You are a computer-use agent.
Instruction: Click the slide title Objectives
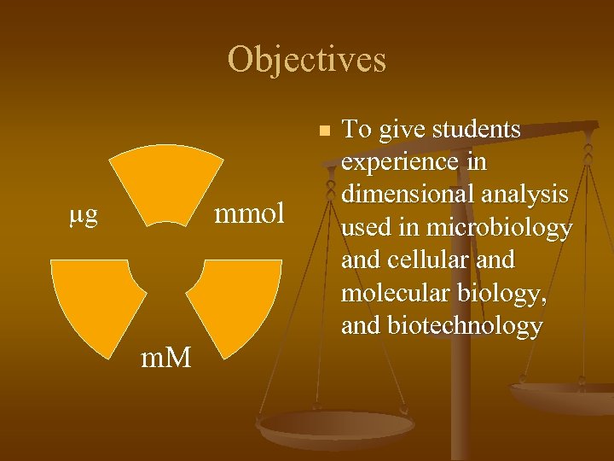pyautogui.click(x=307, y=60)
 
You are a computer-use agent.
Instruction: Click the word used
pyautogui.click(x=367, y=228)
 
